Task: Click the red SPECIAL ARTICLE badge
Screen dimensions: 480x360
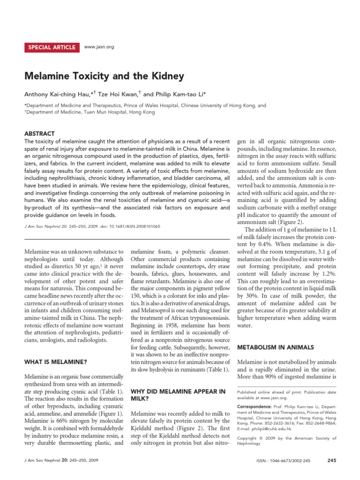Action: point(52,47)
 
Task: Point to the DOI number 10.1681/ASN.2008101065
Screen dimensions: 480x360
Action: point(136,226)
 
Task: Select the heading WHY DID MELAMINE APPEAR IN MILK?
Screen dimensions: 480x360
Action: point(178,395)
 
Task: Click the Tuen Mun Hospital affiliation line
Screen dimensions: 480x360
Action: point(84,114)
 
